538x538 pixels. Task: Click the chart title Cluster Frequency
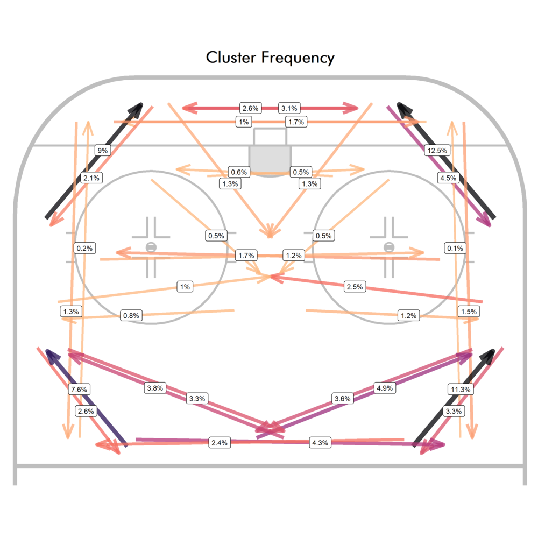point(270,58)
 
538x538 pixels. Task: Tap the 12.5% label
point(436,151)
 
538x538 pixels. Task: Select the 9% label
point(102,151)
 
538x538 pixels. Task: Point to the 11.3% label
point(460,389)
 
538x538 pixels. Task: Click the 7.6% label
point(79,389)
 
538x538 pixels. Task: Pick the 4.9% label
point(385,388)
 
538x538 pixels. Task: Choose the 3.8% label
point(155,388)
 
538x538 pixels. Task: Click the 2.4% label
point(220,443)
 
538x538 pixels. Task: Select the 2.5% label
point(355,287)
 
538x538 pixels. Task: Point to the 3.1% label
point(289,108)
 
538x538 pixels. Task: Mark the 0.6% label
point(238,172)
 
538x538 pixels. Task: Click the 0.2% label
point(85,248)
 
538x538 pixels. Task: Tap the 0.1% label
point(455,248)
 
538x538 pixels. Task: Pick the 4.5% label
point(448,178)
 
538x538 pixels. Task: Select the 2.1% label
point(91,178)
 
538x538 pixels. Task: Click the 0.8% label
point(131,316)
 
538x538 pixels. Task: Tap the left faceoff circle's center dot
point(151,247)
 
